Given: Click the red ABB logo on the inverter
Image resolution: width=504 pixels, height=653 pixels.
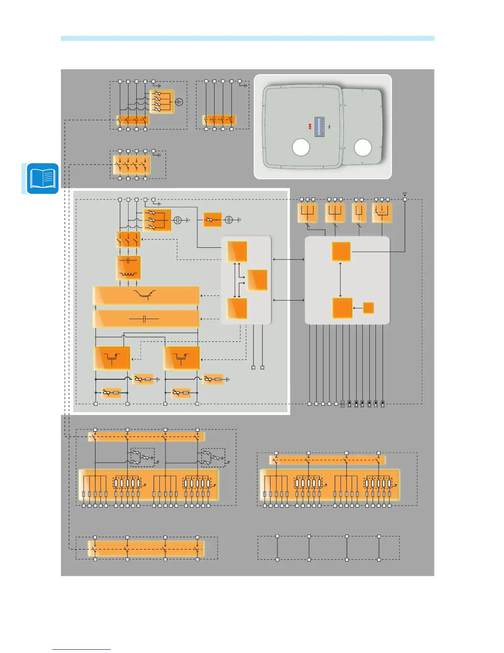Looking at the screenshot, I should coord(310,127).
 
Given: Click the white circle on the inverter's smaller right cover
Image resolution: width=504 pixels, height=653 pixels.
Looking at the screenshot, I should coord(363,148).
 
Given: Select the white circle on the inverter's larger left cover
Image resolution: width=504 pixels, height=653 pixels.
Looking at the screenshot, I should coord(301,148).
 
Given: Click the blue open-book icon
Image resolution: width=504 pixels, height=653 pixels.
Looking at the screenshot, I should coord(43,179).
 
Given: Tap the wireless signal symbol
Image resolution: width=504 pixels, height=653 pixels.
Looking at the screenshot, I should coord(405,193).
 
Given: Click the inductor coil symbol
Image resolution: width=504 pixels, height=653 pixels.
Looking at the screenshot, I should coord(128,274).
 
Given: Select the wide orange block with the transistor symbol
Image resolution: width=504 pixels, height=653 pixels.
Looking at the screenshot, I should coord(146,295).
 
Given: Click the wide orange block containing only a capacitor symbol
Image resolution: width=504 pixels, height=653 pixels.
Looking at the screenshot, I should coord(146,319).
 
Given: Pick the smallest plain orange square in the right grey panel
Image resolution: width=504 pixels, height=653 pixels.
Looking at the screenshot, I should coord(368,308).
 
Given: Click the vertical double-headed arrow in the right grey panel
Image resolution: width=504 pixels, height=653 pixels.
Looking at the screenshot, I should coord(341,279).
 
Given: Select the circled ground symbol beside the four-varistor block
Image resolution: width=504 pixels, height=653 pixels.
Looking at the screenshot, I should coord(179,101).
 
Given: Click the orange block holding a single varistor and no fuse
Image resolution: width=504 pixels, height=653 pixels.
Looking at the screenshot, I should coord(212,220).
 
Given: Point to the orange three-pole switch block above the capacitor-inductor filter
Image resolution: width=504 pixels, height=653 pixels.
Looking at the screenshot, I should coord(128,240).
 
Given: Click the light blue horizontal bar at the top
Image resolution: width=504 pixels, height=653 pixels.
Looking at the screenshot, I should coord(247,38).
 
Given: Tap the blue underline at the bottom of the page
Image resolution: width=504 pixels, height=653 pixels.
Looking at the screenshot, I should coord(82,649).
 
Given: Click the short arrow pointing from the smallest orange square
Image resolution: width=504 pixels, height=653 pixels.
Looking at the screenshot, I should coord(358,308).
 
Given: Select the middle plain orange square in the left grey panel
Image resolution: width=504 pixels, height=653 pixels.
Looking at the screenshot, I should coord(257,280).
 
